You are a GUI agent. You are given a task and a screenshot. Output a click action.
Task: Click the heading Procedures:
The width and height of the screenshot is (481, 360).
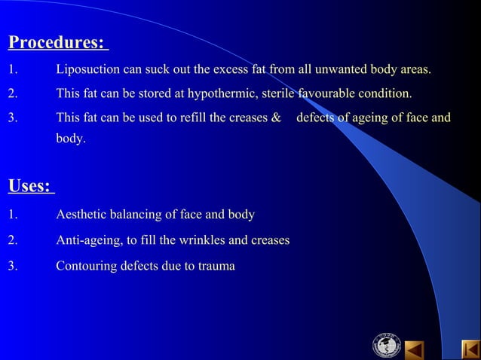pyautogui.click(x=57, y=42)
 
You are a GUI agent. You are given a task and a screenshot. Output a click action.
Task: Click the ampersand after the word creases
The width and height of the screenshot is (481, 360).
pyautogui.click(x=275, y=118)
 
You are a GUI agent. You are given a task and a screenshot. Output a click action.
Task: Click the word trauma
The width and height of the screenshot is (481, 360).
pyautogui.click(x=216, y=266)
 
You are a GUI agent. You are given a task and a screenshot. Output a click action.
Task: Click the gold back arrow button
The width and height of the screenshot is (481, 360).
pyautogui.click(x=414, y=350)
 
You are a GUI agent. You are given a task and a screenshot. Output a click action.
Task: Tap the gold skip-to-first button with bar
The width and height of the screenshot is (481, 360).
pyautogui.click(x=471, y=350)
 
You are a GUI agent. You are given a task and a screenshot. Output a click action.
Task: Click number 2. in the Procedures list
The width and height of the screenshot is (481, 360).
pyautogui.click(x=13, y=94)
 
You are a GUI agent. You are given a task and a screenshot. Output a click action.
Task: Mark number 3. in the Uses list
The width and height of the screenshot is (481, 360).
pyautogui.click(x=13, y=266)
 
